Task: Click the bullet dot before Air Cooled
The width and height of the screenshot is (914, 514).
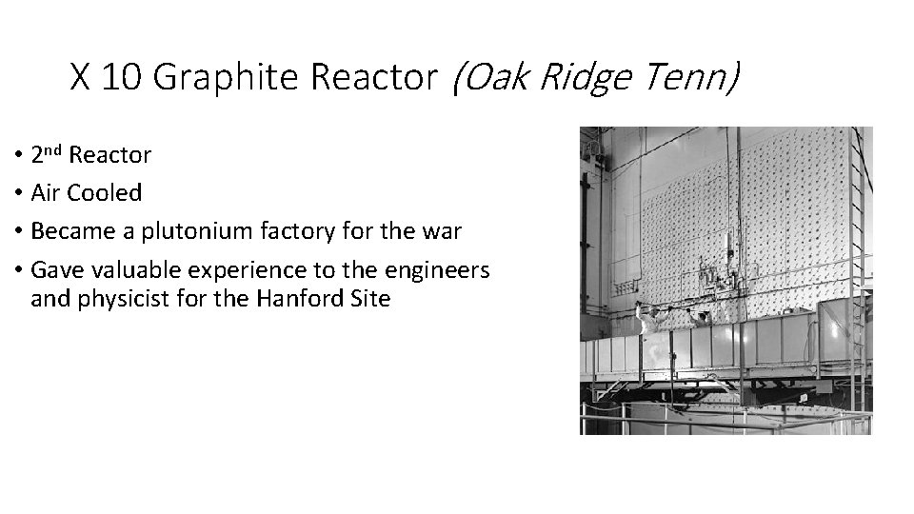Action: point(19,194)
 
